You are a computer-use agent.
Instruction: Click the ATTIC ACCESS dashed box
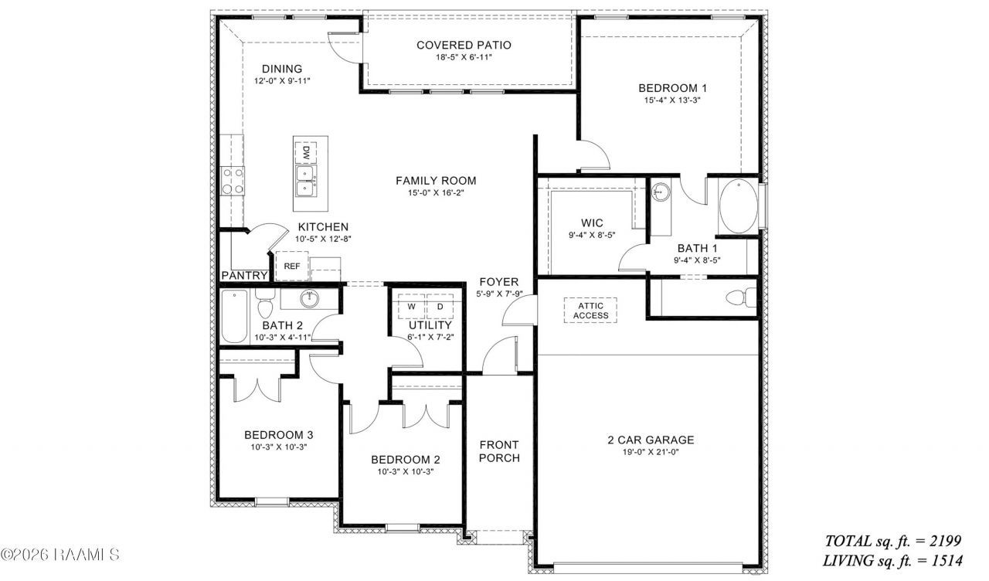(590, 311)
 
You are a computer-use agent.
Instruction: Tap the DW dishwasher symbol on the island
(305, 153)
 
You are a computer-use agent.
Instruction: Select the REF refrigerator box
(292, 266)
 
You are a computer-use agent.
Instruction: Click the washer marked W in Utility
(411, 307)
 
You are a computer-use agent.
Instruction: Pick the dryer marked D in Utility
(440, 307)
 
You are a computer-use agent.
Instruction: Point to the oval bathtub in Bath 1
(738, 206)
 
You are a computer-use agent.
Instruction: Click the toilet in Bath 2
(265, 304)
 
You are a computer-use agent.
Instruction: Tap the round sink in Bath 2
(310, 299)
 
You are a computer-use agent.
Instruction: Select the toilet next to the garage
(741, 297)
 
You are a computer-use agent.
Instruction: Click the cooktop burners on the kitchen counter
(233, 181)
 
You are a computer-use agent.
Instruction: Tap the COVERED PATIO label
(464, 45)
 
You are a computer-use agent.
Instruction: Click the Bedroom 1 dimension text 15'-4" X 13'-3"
(672, 100)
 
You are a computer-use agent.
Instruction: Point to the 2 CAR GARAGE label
(651, 440)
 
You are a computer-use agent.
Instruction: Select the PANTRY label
(245, 276)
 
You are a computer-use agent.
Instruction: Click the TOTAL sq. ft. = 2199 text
(893, 541)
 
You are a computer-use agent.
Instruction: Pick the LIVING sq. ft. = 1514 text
(892, 561)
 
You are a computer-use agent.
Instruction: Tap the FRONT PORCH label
(499, 451)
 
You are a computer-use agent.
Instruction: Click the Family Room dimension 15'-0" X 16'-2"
(436, 193)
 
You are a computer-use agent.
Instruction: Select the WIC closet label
(592, 223)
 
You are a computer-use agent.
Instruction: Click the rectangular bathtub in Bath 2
(234, 316)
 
